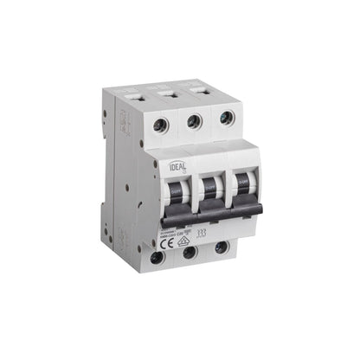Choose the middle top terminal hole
(194, 122)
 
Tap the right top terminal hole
(226, 119)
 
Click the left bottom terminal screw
(157, 258)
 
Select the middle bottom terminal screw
(190, 254)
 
